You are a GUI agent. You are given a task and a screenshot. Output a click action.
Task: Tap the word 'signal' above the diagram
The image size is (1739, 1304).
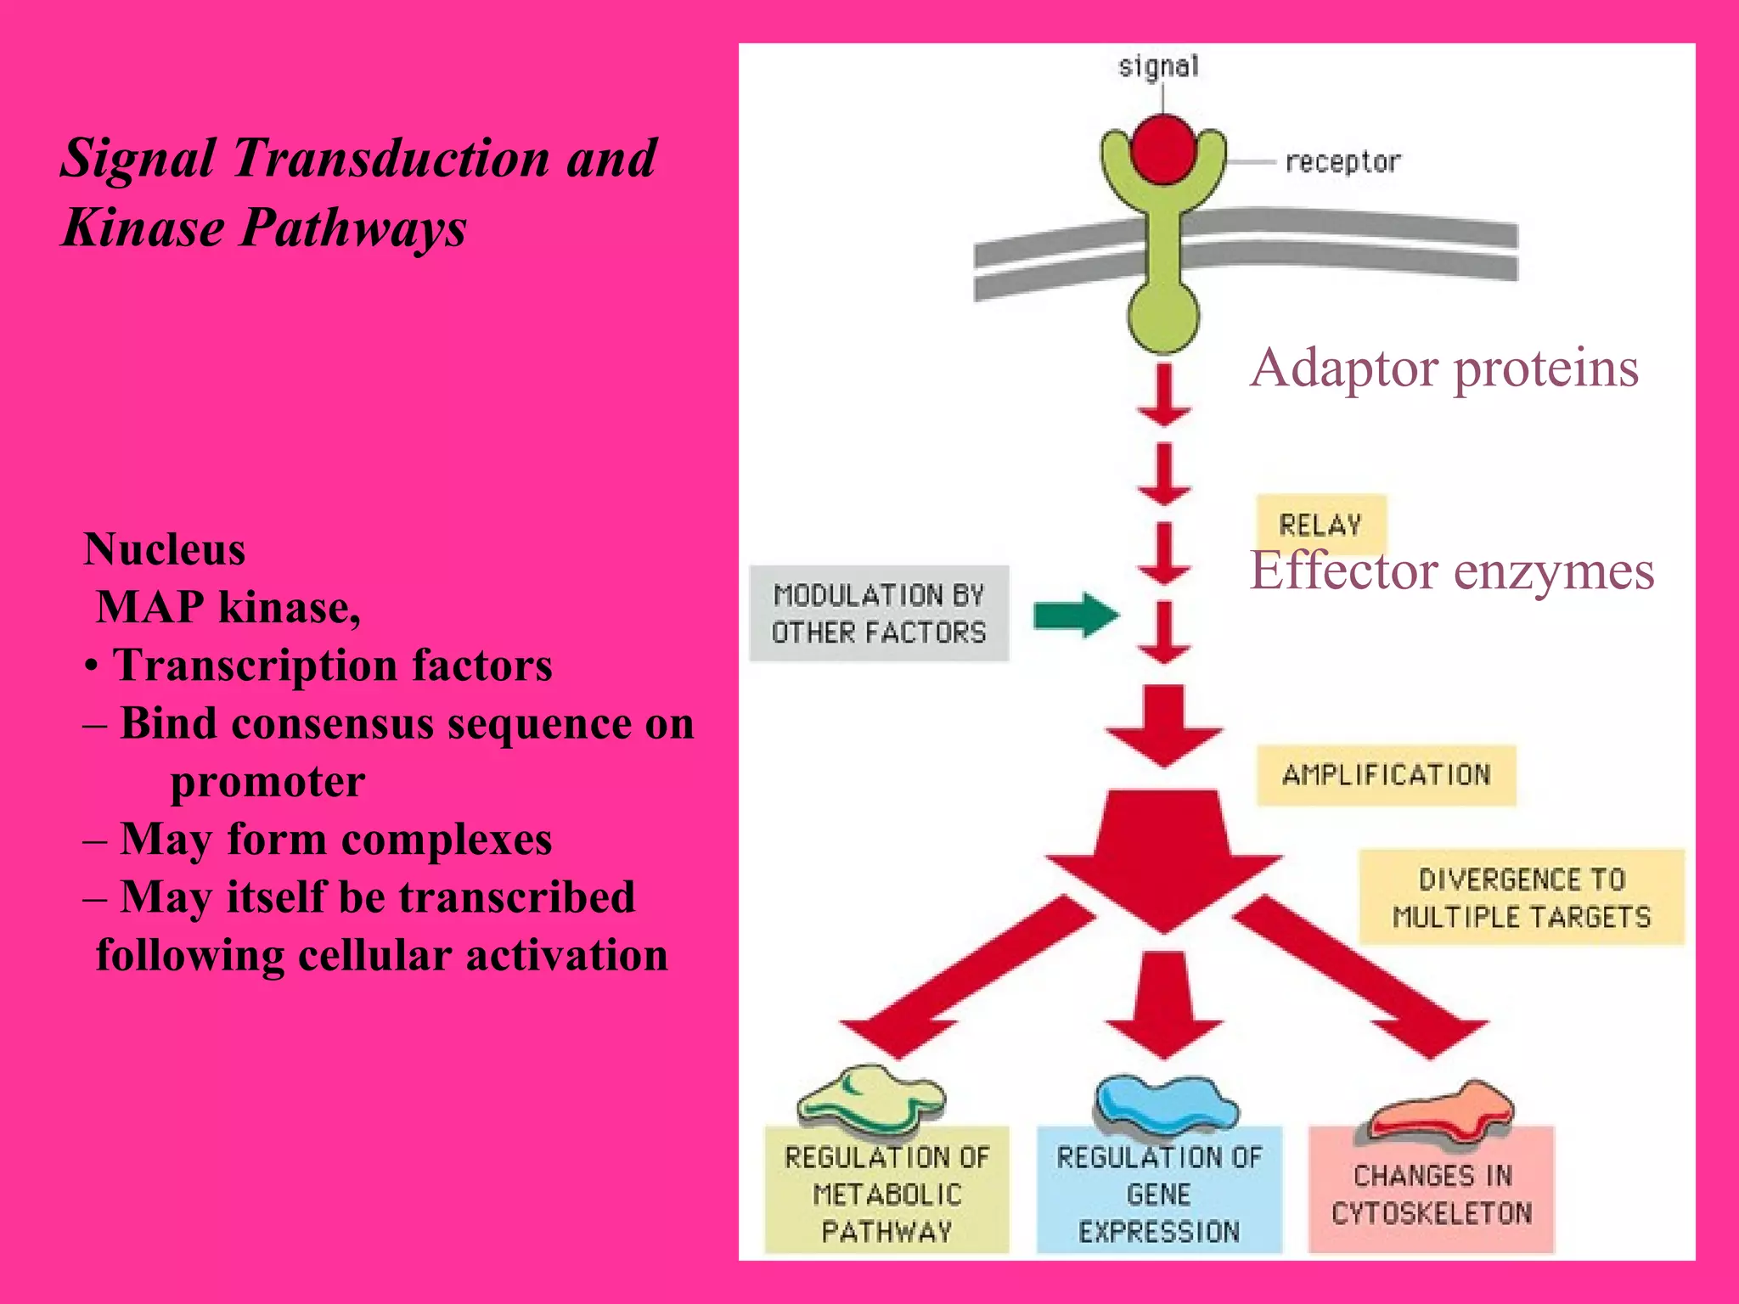point(1158,66)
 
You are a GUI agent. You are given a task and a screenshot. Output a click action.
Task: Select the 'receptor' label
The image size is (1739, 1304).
point(1342,161)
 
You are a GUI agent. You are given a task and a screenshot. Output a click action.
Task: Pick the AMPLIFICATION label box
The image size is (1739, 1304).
point(1386,774)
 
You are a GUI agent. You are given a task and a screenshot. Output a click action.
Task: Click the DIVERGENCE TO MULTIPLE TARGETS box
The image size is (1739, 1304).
point(1521,897)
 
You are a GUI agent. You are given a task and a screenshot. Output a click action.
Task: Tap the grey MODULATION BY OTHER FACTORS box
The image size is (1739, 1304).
point(879,613)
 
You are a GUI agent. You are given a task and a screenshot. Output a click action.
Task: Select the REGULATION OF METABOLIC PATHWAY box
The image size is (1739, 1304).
point(886,1193)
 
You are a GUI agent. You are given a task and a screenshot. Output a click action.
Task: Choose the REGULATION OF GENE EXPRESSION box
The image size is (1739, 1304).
point(1159,1193)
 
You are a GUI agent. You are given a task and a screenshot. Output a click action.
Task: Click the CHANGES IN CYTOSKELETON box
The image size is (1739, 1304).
point(1432,1193)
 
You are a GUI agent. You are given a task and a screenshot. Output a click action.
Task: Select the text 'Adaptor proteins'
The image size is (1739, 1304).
point(1444,368)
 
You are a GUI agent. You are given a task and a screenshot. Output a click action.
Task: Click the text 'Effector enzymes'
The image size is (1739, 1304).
point(1452,570)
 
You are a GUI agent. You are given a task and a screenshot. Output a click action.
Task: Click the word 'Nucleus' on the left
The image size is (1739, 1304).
point(165,549)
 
